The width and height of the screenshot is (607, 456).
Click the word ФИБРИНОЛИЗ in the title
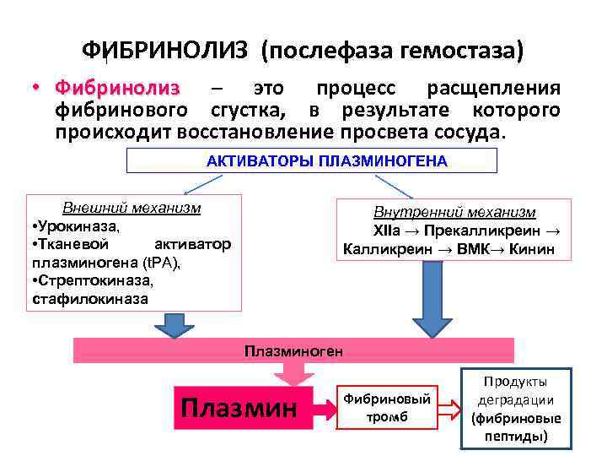coord(164,50)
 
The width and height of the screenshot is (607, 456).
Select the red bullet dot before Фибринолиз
coord(37,90)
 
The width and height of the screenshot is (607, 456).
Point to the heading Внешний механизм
coord(132,208)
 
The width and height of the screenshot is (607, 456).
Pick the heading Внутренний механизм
coord(454,213)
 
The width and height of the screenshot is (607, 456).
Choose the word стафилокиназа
coord(90,298)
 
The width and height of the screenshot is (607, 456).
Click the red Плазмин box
coord(239,409)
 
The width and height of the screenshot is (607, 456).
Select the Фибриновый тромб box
coord(389,408)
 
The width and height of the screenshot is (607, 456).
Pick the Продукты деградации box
coord(516,409)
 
